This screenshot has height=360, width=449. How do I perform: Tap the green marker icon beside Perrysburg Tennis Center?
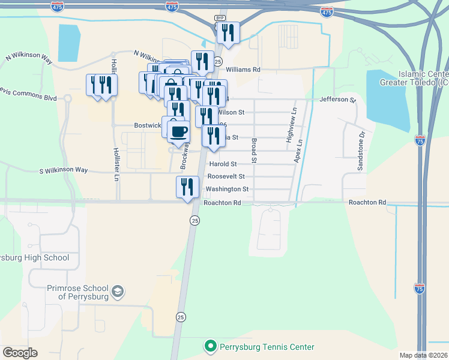coord(211,347)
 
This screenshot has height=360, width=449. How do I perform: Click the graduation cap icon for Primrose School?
coord(119,292)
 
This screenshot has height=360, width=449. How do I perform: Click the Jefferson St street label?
coord(338,100)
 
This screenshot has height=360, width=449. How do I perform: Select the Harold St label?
coord(222,164)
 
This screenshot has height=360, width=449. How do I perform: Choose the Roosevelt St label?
coord(226,176)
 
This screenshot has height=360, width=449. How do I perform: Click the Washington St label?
coord(227,189)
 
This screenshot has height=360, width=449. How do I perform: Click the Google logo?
coord(20,353)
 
